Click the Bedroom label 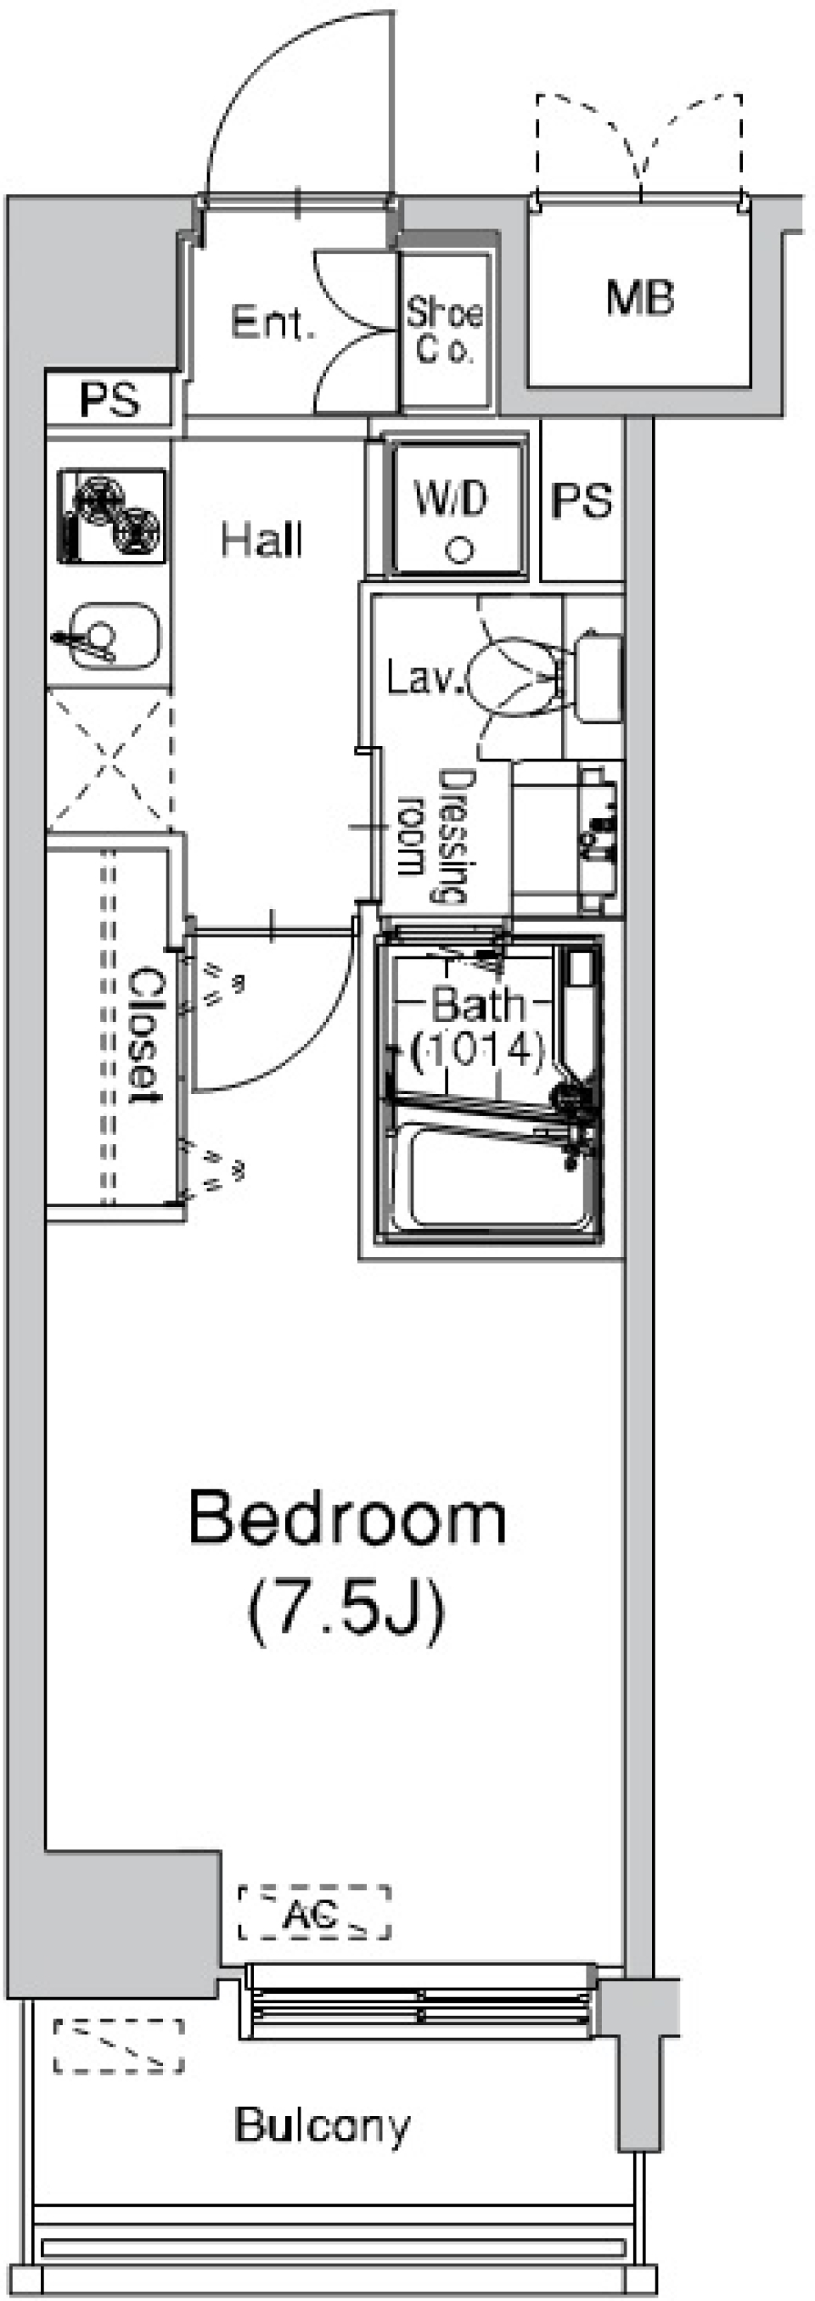tap(346, 1518)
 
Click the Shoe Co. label tap(444, 329)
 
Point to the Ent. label tap(273, 323)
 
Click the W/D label tap(452, 497)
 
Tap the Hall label tap(261, 540)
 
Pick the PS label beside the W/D tap(582, 501)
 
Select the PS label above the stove tap(109, 399)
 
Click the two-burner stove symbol tap(112, 516)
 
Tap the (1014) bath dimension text tap(477, 1050)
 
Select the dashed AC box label tap(313, 1912)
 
